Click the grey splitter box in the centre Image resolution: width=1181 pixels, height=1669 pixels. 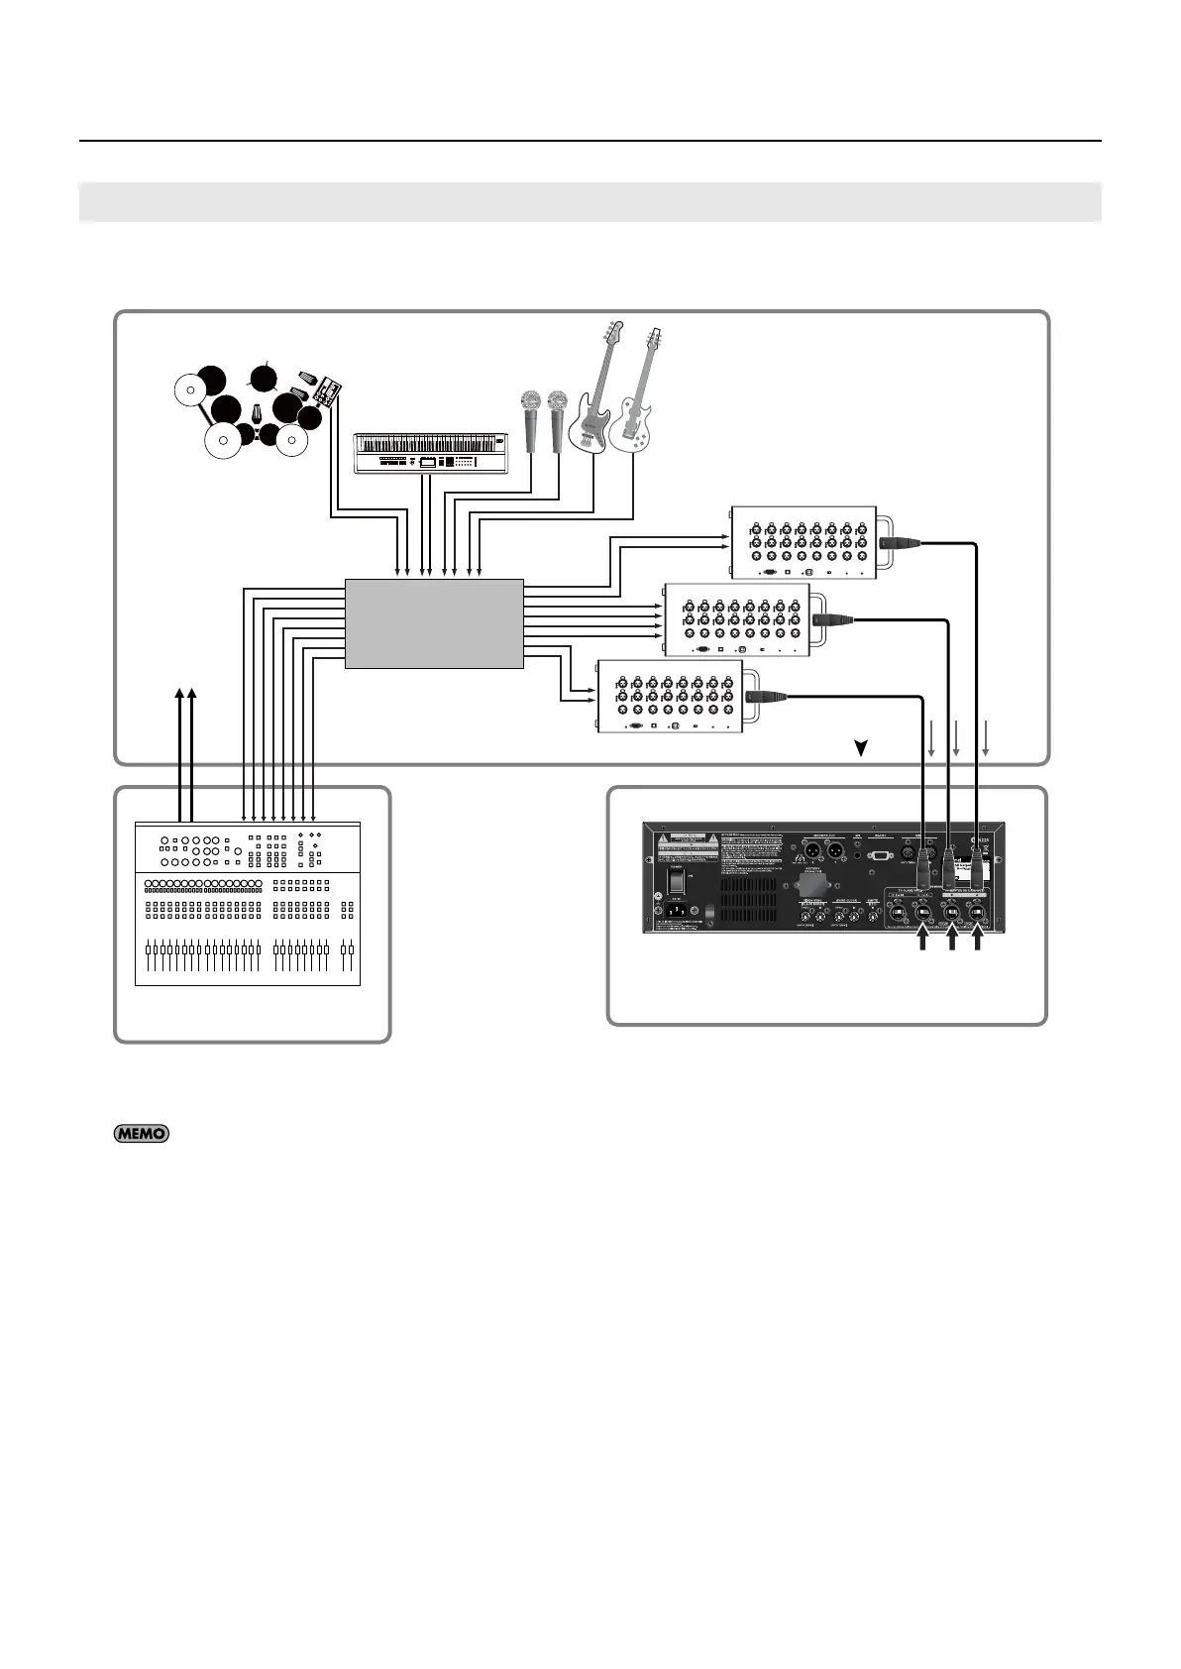point(434,623)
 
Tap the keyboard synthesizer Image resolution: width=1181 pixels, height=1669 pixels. point(429,453)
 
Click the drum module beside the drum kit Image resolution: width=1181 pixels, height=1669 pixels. point(324,391)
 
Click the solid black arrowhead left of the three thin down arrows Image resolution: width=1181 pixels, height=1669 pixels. point(862,749)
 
